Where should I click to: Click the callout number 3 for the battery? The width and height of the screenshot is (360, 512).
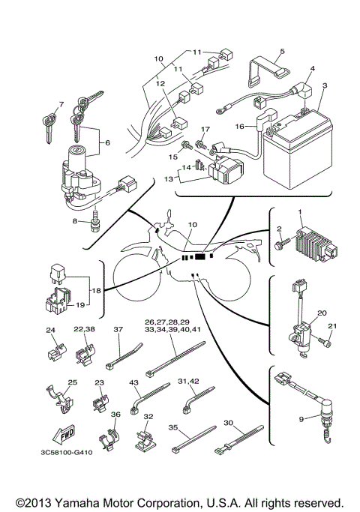click(x=325, y=87)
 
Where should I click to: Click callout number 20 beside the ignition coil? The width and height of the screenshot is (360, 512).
click(x=322, y=314)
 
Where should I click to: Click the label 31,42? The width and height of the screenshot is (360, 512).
click(x=187, y=382)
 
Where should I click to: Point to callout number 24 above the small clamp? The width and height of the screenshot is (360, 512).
click(x=50, y=329)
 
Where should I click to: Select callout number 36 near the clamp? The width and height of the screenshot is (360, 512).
click(x=115, y=415)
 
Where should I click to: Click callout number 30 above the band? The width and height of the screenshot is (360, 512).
click(x=229, y=422)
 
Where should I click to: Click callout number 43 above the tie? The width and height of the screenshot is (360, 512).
click(x=136, y=383)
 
